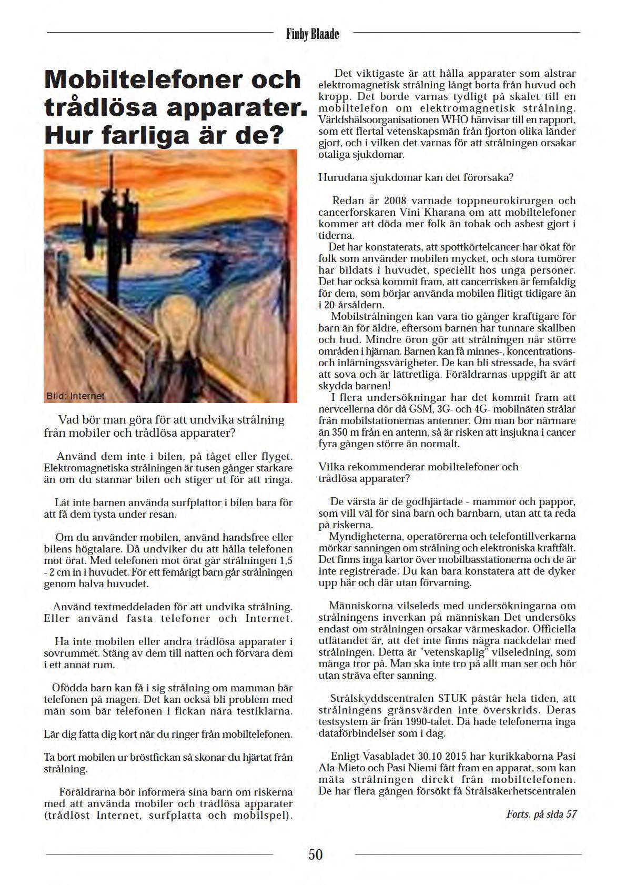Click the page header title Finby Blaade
click(312, 34)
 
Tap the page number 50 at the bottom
click(316, 854)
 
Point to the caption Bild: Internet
click(75, 396)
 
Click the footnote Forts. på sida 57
click(541, 814)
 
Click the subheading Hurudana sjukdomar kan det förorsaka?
click(416, 177)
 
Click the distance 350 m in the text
click(342, 432)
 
